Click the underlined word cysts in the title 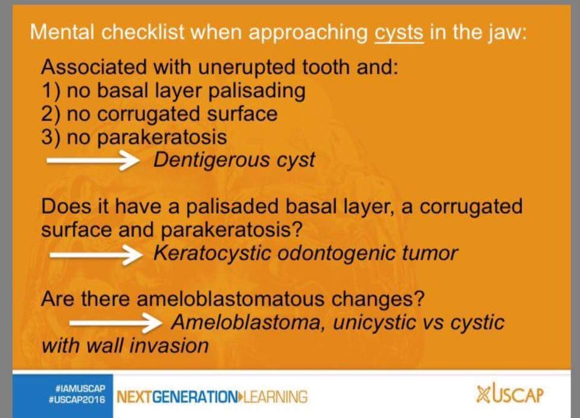[x=399, y=33]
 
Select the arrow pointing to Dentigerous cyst [x=93, y=161]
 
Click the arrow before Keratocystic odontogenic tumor [x=96, y=255]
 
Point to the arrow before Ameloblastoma [x=116, y=323]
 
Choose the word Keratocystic [x=212, y=253]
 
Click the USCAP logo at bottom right [x=510, y=394]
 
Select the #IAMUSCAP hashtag [x=80, y=389]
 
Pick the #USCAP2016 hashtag [x=77, y=400]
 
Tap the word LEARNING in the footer [x=275, y=397]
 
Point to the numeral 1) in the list [x=51, y=91]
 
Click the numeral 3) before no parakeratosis [x=51, y=137]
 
